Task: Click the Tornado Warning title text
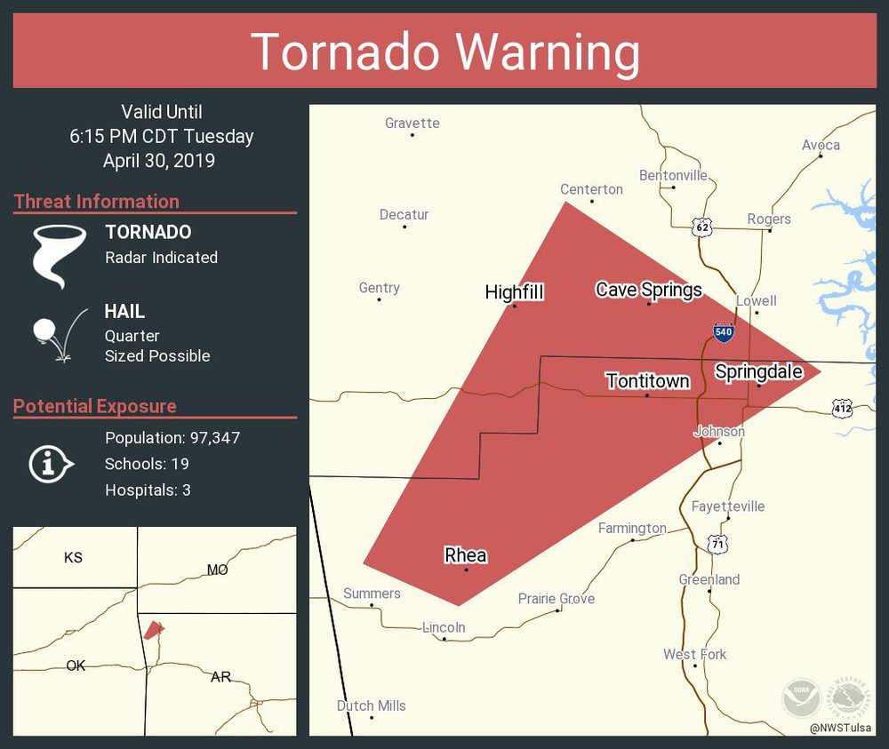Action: pos(444,52)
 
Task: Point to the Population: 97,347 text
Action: pos(172,438)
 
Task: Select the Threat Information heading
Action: pos(97,202)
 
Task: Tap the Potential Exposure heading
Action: pos(95,407)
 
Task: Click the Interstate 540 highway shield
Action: pos(724,331)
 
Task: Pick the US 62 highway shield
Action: pos(703,227)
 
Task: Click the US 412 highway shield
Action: pos(842,409)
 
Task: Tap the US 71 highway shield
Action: pos(716,543)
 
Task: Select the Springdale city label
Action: pos(758,372)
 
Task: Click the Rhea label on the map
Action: pos(465,555)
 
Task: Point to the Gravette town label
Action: pos(412,124)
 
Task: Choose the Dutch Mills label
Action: pos(371,705)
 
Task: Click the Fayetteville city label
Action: pos(728,506)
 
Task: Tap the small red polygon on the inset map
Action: pos(154,630)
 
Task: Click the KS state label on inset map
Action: pos(73,558)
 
